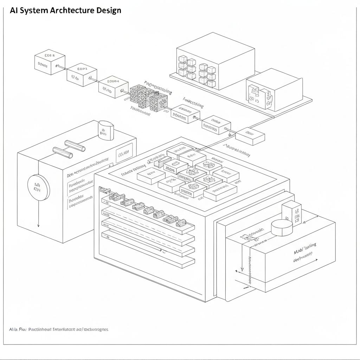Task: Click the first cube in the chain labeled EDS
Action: coord(50,62)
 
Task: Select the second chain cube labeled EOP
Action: coord(82,75)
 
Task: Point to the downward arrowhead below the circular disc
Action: coord(38,225)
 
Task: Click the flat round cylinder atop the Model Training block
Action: coord(282,227)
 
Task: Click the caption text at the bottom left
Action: coord(58,329)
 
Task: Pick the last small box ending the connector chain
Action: coord(250,136)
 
